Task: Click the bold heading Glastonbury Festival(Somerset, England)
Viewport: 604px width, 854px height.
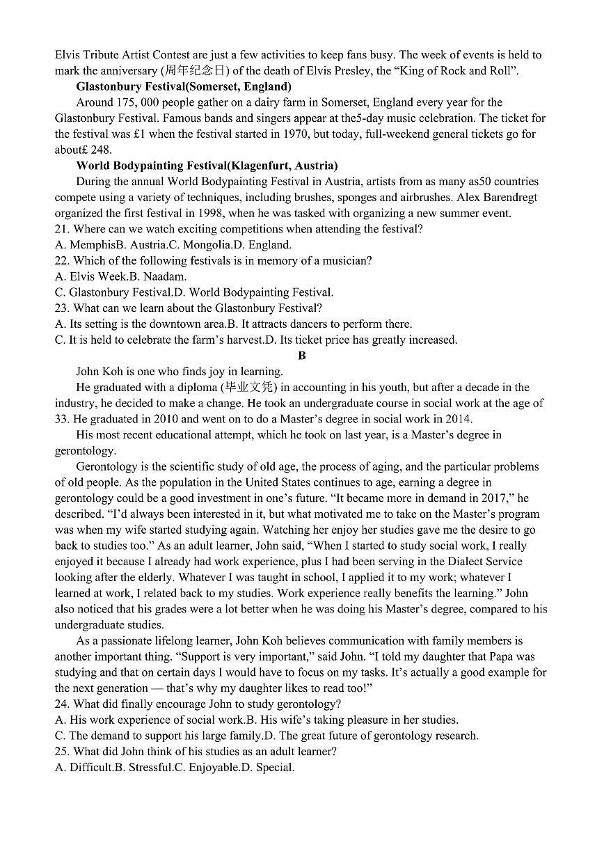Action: click(x=183, y=87)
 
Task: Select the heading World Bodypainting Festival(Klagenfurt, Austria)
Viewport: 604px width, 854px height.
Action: click(x=207, y=166)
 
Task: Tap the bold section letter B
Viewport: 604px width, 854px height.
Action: click(x=301, y=356)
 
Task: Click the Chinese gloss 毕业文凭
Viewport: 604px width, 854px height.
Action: click(x=248, y=388)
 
